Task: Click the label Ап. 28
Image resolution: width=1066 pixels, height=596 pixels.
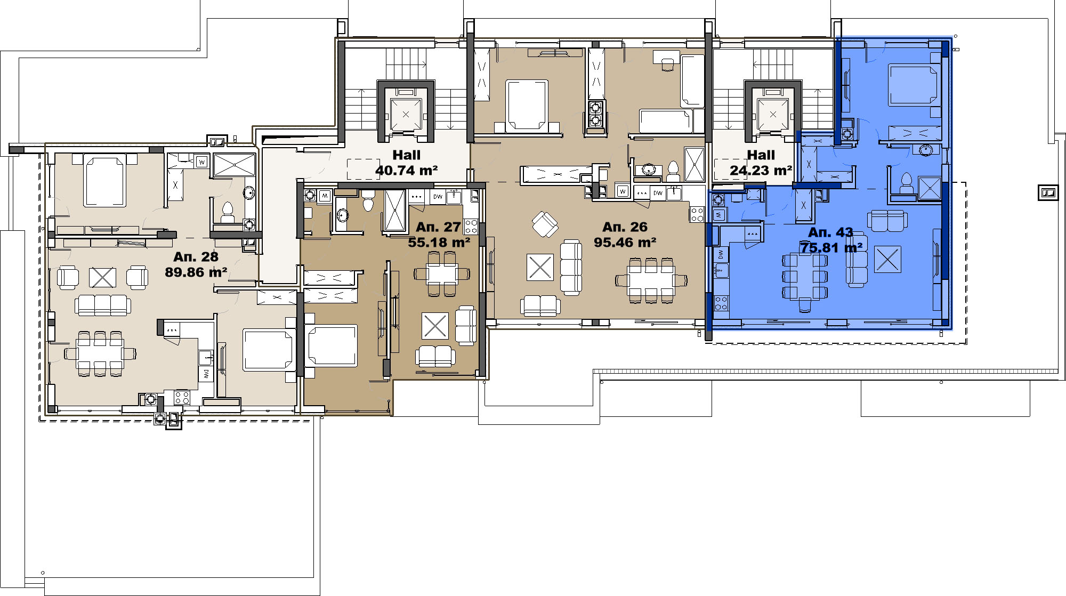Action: pos(196,256)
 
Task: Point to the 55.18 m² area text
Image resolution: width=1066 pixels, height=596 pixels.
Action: pos(439,243)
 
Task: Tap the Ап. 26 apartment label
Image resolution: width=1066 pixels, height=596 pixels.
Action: pos(625,227)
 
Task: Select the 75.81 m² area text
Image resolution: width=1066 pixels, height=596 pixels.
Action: pos(831,248)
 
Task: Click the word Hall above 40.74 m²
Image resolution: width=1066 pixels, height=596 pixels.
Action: pos(407,155)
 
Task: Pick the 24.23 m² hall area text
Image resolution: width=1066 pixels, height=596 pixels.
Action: pos(761,171)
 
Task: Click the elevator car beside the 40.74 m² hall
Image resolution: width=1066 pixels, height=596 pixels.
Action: pos(406,114)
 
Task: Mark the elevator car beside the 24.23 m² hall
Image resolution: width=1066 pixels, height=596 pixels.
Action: pos(773,114)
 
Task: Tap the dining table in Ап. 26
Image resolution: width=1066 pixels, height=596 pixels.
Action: pos(651,280)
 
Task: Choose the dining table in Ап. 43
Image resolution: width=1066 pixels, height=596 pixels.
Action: pos(805,277)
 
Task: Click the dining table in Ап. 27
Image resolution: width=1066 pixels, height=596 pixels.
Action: pos(442,273)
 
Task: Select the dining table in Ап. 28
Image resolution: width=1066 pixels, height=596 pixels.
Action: pos(100,353)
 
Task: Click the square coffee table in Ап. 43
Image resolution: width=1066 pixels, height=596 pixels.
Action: pos(887,259)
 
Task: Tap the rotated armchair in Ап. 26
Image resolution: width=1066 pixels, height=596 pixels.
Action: pos(545,224)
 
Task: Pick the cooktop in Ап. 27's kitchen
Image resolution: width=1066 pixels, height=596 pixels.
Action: pos(471,227)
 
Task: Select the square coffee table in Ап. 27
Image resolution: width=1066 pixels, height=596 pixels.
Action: pos(435,326)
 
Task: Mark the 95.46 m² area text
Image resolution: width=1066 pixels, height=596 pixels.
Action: pos(625,243)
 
